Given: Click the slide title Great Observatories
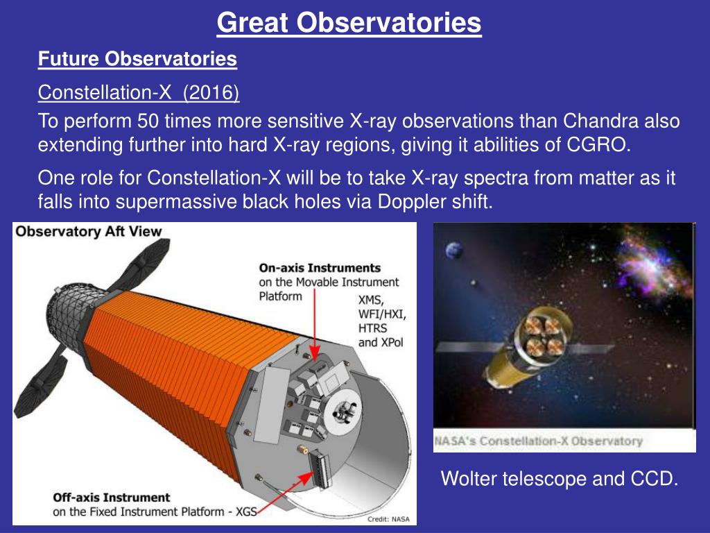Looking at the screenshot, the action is [349, 22].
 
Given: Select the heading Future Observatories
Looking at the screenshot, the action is [137, 59].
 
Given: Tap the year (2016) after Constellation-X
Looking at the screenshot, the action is [211, 92].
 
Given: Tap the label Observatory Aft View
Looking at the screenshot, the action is [88, 231].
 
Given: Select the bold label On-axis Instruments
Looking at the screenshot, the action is [320, 268].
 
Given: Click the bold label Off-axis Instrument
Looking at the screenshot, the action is [112, 497].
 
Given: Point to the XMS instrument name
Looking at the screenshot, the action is [371, 300].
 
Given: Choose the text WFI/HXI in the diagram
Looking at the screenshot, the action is [382, 314].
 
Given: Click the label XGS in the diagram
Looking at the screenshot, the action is [246, 511].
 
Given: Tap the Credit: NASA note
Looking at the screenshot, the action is [388, 519].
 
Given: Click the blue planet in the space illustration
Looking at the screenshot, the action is [453, 250].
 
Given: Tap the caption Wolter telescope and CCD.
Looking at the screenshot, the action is [560, 479].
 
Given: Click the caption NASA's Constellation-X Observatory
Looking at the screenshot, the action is [538, 441].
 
